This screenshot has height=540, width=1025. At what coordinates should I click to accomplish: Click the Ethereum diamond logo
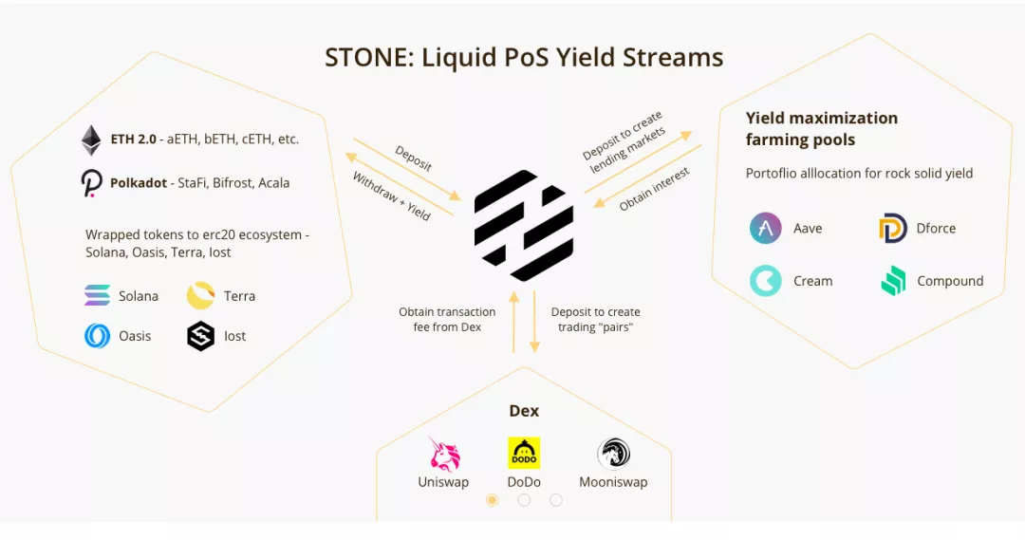point(91,140)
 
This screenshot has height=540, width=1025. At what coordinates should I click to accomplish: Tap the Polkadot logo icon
point(91,182)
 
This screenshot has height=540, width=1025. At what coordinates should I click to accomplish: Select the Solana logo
point(97,296)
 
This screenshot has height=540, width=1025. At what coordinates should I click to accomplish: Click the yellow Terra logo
point(200,296)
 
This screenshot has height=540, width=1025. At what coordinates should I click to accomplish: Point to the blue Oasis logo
point(97,336)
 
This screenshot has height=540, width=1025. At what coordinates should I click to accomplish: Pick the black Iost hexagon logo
point(200,336)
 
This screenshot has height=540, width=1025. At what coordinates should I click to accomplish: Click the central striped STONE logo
point(524,226)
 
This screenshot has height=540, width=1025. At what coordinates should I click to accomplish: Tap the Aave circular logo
point(765,229)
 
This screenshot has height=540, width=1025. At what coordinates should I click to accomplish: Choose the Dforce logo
point(892,229)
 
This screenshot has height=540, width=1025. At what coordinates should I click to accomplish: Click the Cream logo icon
point(765,281)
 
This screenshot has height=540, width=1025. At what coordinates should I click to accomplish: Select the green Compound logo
point(892,281)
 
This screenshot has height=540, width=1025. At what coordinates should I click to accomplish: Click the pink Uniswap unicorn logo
point(444,454)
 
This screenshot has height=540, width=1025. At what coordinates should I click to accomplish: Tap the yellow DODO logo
point(524,453)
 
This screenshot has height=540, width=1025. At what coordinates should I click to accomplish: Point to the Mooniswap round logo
point(613,454)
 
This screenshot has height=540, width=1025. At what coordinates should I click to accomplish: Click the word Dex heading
point(524,411)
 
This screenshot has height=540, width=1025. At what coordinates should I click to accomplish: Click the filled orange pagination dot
point(492,500)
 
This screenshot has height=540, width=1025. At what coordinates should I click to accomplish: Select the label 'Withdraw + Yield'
point(391,196)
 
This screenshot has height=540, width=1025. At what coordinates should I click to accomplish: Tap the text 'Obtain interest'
point(654,190)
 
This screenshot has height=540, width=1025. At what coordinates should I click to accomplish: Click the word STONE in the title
point(365,58)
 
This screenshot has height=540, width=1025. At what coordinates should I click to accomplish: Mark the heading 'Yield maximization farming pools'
point(821,129)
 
